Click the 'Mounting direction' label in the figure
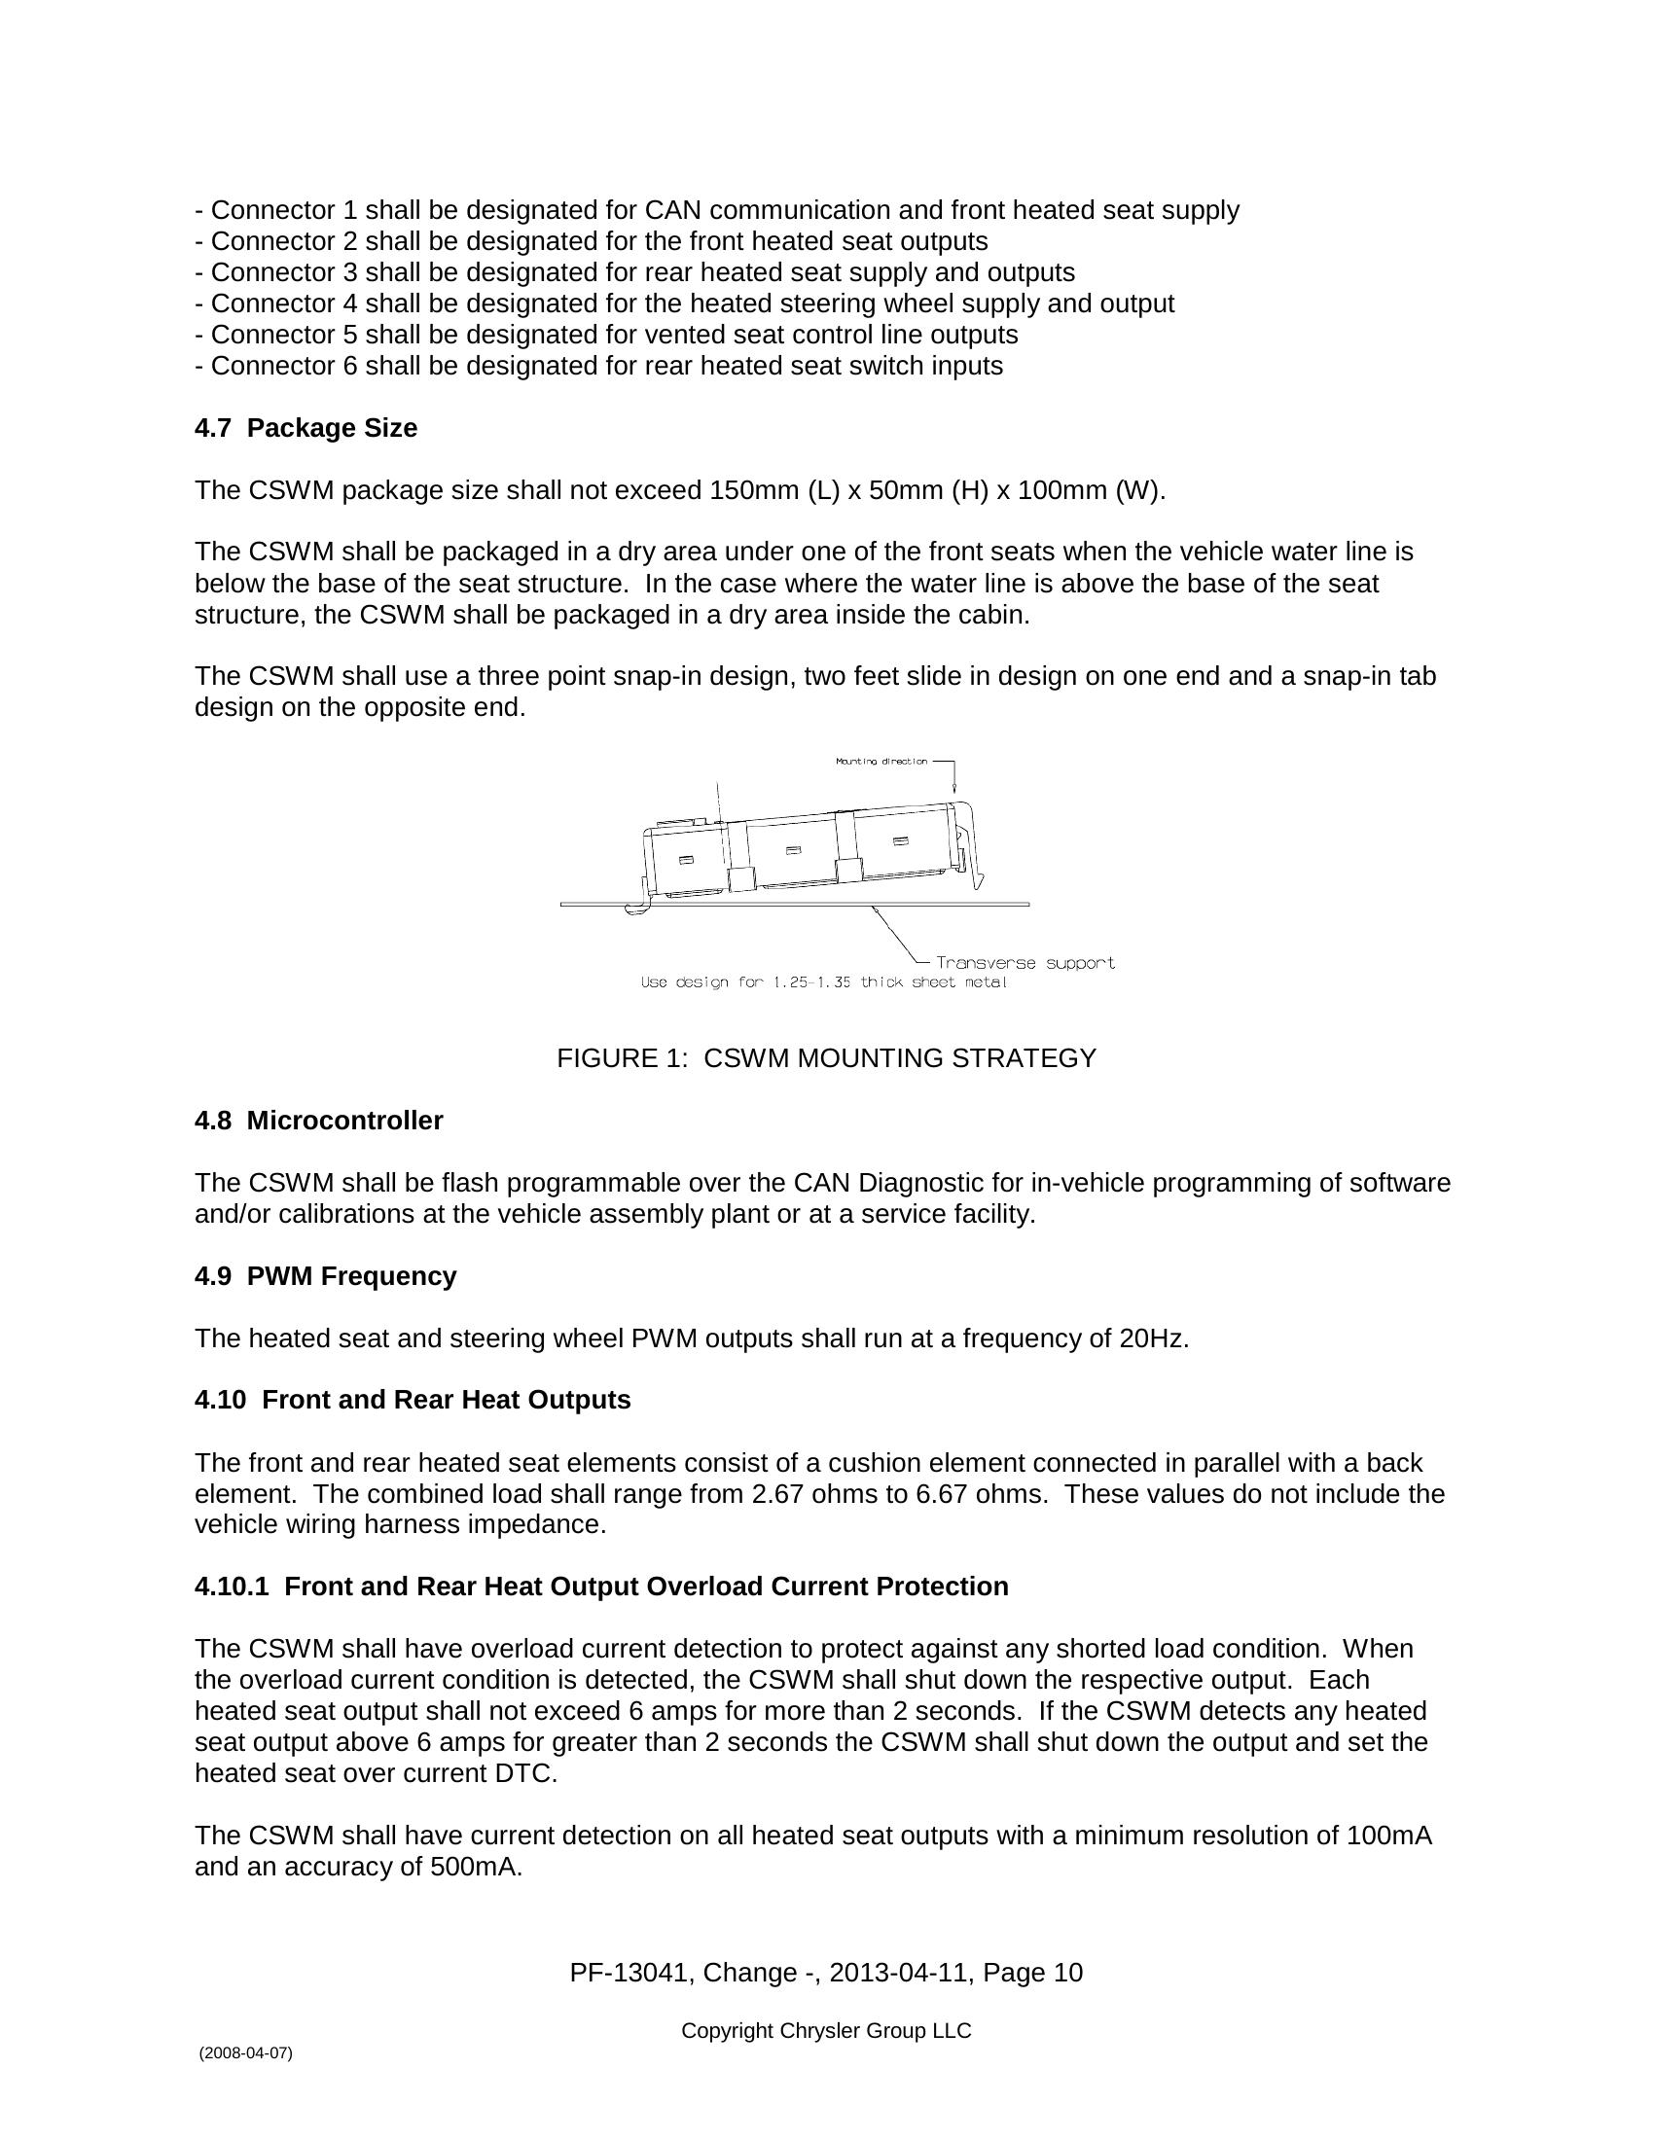(881, 762)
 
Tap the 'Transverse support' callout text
(1025, 963)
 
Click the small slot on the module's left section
(686, 859)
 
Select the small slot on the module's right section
(901, 841)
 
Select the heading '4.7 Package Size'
(306, 428)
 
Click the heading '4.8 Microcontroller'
(318, 1121)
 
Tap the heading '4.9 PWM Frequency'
(325, 1277)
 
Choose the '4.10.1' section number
(232, 1587)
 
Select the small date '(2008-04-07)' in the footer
(245, 2052)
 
